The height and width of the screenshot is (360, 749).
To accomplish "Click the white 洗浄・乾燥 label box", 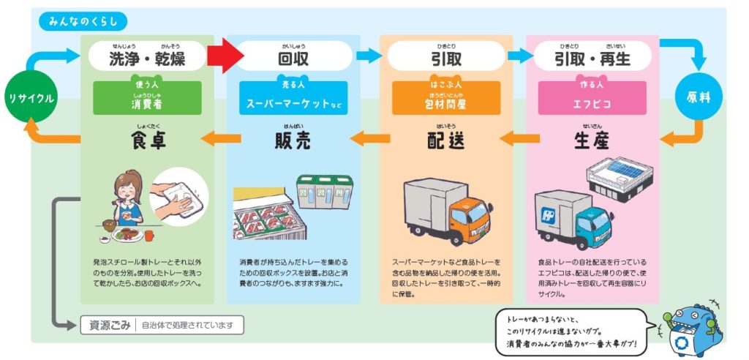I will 146,56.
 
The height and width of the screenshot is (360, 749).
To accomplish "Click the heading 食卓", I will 147,140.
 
